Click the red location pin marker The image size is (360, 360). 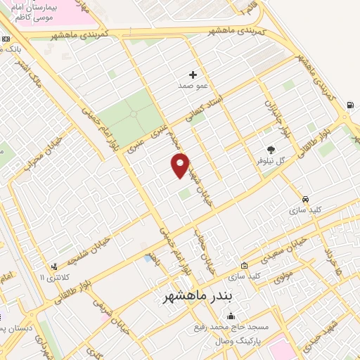(x=180, y=165)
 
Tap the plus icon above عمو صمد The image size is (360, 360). (x=193, y=74)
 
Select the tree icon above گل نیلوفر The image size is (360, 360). (x=271, y=149)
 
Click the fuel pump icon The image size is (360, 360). (x=350, y=106)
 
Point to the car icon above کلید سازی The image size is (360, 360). (x=305, y=199)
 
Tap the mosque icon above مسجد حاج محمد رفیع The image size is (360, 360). (x=231, y=316)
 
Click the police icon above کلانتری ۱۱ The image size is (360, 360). (x=54, y=266)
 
